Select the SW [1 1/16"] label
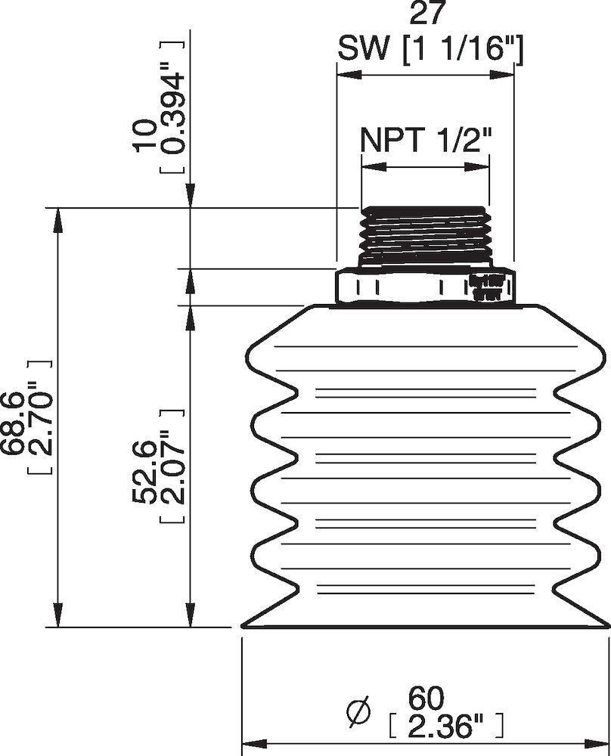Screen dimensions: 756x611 point(430,50)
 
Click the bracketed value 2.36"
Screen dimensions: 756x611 point(445,727)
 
